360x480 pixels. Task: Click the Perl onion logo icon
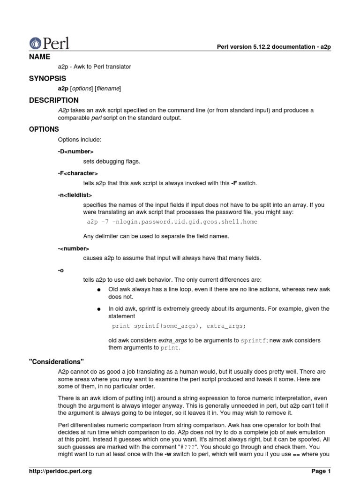click(35, 43)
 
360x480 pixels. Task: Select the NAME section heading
click(39, 56)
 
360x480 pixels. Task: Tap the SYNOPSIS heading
click(47, 78)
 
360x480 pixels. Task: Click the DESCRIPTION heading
click(54, 100)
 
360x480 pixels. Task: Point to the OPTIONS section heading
click(44, 129)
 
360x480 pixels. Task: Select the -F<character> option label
click(78, 173)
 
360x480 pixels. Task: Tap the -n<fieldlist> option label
click(75, 195)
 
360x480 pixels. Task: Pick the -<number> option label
click(74, 248)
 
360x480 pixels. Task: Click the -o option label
click(61, 270)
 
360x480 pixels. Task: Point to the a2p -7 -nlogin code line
click(172, 222)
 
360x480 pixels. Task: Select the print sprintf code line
click(179, 325)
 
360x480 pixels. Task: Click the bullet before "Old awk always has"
click(99, 290)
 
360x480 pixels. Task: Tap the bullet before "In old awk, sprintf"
click(99, 309)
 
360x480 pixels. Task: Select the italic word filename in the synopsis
click(108, 88)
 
